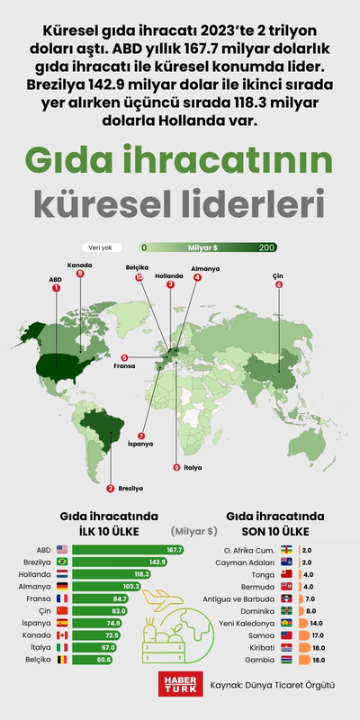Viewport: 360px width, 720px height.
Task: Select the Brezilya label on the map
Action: click(x=130, y=489)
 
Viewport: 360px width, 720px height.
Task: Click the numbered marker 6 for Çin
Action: click(x=279, y=284)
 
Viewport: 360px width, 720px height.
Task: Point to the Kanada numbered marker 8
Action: click(x=80, y=274)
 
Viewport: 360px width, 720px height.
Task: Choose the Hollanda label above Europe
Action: click(x=169, y=275)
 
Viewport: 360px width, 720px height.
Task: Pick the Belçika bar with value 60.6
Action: click(x=94, y=659)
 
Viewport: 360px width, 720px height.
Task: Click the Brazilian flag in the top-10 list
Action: click(x=61, y=562)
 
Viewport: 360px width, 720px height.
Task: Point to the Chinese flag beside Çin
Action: click(x=61, y=610)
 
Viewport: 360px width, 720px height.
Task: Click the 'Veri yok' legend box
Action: click(x=100, y=247)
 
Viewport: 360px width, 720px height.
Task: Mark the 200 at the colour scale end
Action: click(x=266, y=247)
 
